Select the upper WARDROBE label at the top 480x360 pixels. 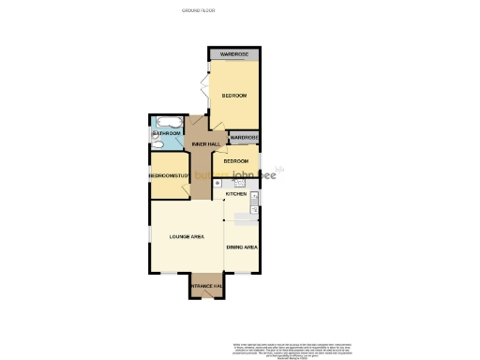pyautogui.click(x=233, y=55)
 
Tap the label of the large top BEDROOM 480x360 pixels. pyautogui.click(x=233, y=97)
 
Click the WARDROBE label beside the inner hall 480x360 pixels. pyautogui.click(x=244, y=139)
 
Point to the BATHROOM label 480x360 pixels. pyautogui.click(x=166, y=134)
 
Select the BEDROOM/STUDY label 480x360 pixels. pyautogui.click(x=170, y=176)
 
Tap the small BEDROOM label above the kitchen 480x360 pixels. pyautogui.click(x=235, y=161)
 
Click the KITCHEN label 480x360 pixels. pyautogui.click(x=235, y=194)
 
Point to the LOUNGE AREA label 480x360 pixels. pyautogui.click(x=187, y=237)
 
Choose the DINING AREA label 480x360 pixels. pyautogui.click(x=242, y=247)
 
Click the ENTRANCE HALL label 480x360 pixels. pyautogui.click(x=205, y=286)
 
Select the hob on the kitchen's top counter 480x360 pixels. pyautogui.click(x=238, y=184)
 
